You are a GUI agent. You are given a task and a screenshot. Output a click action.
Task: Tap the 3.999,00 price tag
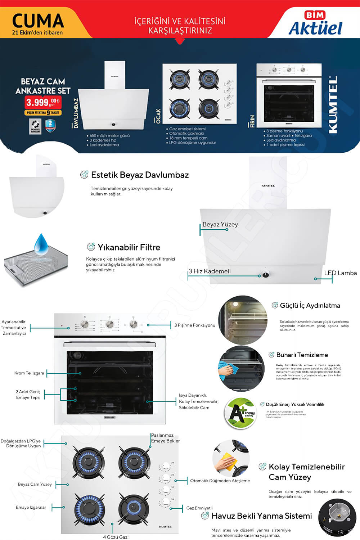[42, 102]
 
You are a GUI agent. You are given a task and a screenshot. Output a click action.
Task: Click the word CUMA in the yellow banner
[38, 21]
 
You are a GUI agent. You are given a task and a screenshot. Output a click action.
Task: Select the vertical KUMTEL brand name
[333, 104]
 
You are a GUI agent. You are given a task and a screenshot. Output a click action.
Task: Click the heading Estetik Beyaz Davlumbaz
[140, 175]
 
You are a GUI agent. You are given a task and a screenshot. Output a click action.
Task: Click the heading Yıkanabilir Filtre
[129, 247]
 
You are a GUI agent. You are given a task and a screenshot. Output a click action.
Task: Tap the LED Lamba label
[340, 273]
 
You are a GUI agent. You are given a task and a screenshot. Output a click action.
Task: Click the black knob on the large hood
[266, 275]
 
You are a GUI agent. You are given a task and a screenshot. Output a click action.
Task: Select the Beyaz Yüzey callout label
[220, 224]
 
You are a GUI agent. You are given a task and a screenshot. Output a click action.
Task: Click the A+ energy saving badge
[240, 413]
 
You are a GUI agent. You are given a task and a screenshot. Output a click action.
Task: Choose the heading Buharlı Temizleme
[302, 355]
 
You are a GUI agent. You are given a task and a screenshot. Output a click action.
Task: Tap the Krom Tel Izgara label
[29, 373]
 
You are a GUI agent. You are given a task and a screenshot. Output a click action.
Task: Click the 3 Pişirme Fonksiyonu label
[195, 325]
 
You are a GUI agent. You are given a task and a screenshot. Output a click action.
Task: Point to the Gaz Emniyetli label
[199, 508]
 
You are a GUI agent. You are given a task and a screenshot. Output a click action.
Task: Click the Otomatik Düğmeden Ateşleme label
[220, 481]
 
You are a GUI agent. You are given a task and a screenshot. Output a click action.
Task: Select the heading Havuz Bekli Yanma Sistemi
[261, 516]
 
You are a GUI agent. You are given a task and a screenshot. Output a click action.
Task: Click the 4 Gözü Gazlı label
[116, 537]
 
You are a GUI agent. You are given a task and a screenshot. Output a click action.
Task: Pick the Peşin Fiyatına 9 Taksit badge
[43, 113]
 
